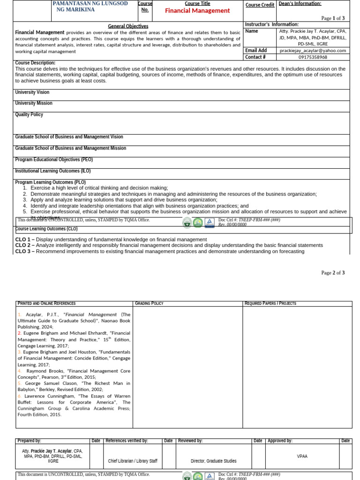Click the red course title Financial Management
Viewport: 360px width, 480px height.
tap(197, 11)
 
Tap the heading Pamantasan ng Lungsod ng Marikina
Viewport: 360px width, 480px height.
tap(83, 7)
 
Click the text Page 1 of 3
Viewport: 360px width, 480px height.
tap(333, 18)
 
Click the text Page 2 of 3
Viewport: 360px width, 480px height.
tap(333, 273)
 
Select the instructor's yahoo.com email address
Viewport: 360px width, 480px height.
tap(313, 51)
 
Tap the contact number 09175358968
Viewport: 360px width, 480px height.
tap(313, 57)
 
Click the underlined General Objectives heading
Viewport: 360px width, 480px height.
tap(128, 26)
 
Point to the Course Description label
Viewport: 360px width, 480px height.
tap(35, 63)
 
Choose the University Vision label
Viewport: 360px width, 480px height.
tap(32, 92)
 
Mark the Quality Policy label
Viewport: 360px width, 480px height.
tap(29, 114)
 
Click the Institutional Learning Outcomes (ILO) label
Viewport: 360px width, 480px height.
tap(54, 171)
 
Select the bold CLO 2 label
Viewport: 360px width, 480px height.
tap(24, 245)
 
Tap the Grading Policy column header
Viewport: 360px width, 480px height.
tap(149, 304)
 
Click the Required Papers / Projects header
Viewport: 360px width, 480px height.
tap(270, 304)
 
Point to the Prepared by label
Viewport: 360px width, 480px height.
tap(29, 441)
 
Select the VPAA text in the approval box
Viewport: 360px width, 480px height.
tap(302, 456)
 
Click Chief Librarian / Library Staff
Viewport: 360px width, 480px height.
tap(133, 461)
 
